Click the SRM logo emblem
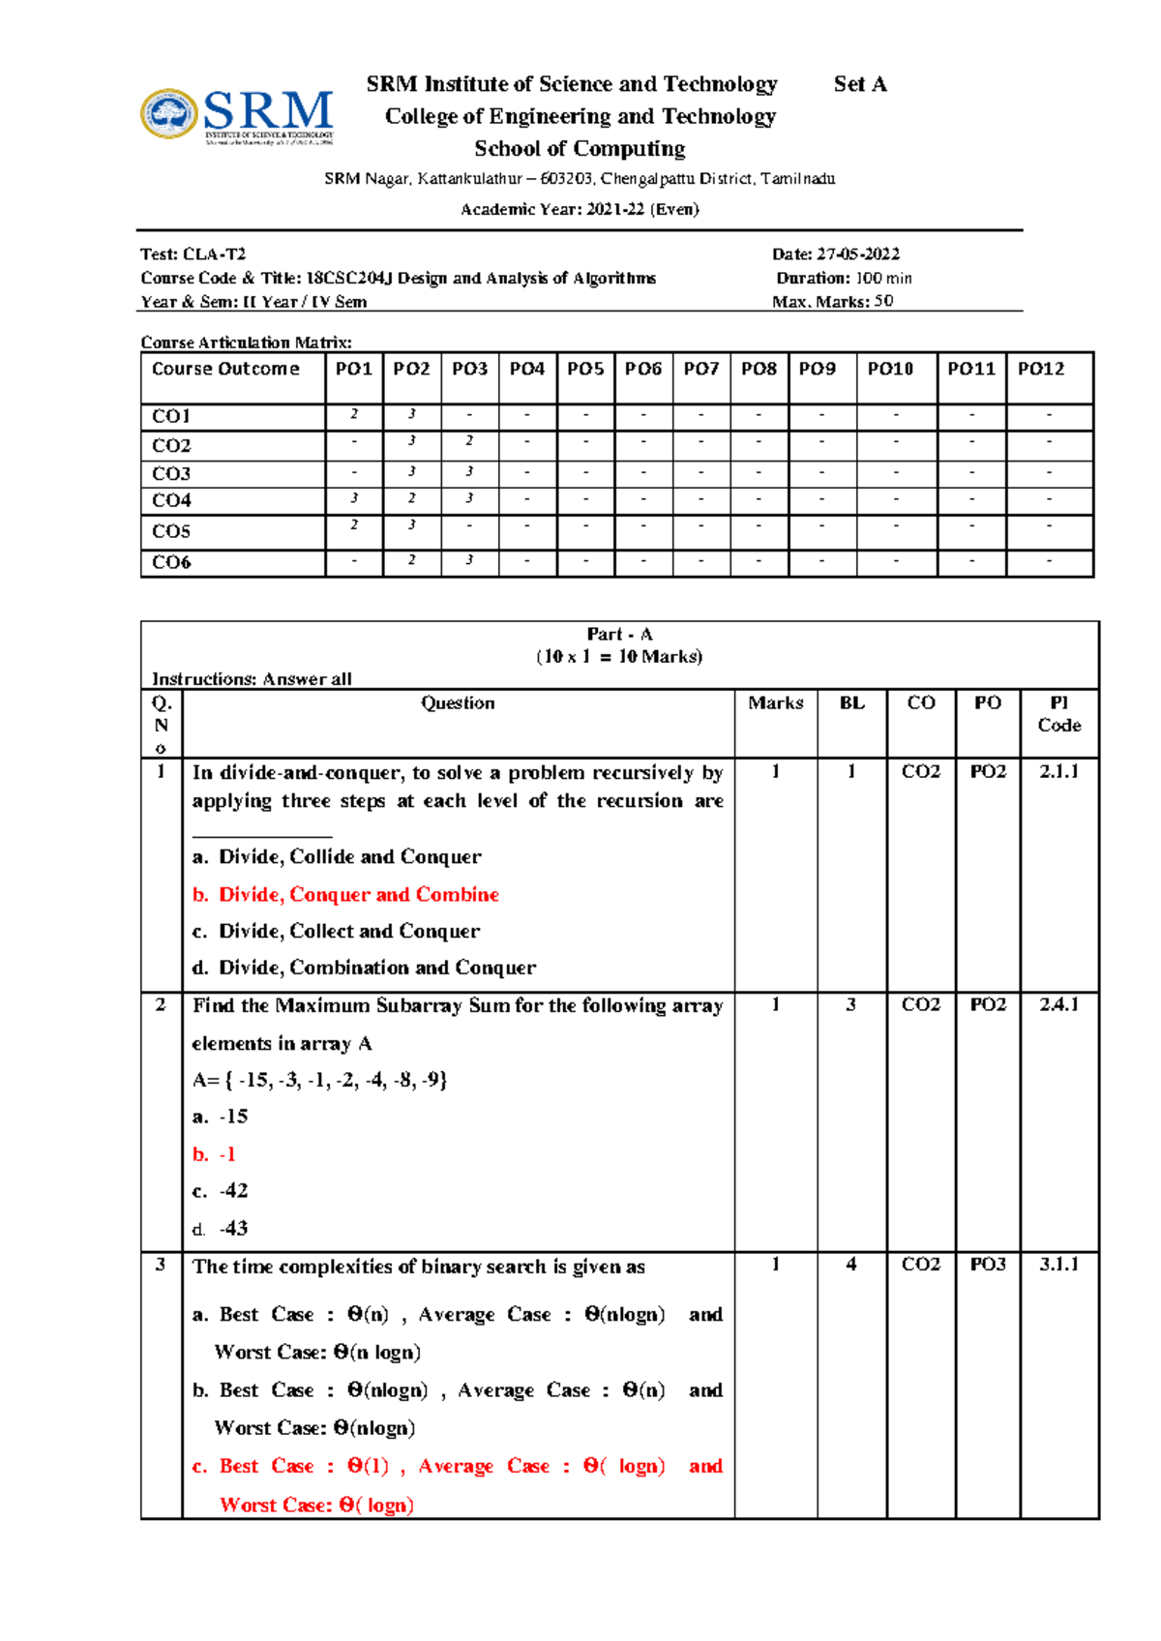coord(169,114)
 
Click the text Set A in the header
coord(859,84)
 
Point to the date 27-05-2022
coord(857,254)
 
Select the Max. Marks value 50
coord(883,301)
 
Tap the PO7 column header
coord(700,369)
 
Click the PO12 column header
coord(1040,369)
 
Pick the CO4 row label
coord(171,500)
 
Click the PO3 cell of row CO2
coord(469,441)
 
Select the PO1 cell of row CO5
coord(354,525)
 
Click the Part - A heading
coord(619,635)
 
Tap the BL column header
coord(851,703)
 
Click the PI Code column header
coord(1058,714)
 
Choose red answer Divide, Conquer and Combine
coord(358,894)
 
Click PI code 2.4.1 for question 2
coord(1058,1005)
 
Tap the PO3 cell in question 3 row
coord(987,1265)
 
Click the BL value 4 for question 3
coord(851,1265)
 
